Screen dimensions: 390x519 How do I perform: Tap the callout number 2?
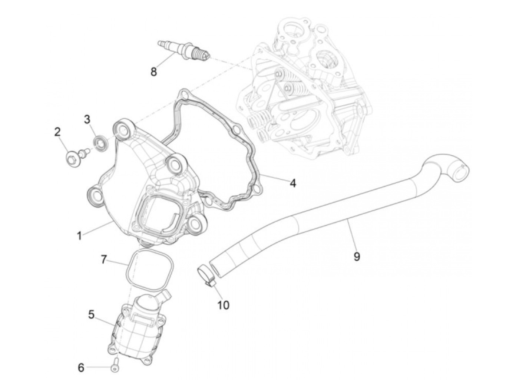[x=57, y=132]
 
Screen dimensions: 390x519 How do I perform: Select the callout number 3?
[x=87, y=119]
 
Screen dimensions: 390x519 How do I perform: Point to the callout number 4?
[x=293, y=183]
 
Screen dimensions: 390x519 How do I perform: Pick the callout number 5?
[x=91, y=315]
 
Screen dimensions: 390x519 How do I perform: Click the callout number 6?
[x=81, y=368]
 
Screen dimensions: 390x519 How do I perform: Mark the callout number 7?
[x=105, y=260]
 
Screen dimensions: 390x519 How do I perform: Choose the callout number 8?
[x=153, y=71]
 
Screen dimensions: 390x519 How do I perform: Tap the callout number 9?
[x=357, y=256]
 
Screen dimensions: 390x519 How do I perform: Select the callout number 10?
[x=224, y=305]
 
